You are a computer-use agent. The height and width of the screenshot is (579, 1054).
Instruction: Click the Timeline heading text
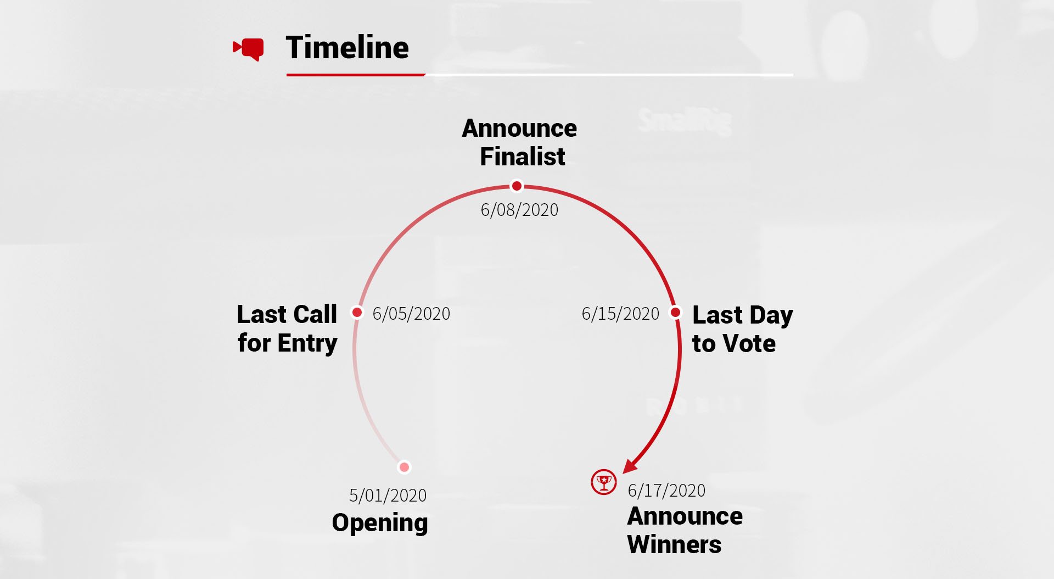[347, 47]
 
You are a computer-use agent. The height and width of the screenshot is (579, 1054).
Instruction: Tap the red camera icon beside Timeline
[248, 49]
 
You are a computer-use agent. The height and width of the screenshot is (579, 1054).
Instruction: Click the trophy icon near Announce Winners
[604, 482]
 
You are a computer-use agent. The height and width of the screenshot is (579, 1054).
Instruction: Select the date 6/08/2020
[519, 210]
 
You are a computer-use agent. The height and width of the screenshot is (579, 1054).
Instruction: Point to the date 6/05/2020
[411, 314]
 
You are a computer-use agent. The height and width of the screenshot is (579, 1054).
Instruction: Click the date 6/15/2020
[620, 314]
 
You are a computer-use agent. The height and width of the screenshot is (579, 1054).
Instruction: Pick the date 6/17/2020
[666, 491]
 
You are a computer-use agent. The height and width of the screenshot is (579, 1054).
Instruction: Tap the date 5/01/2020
[388, 496]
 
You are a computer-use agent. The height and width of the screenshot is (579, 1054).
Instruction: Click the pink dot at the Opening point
[404, 467]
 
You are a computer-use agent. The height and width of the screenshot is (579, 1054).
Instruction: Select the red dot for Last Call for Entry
[357, 312]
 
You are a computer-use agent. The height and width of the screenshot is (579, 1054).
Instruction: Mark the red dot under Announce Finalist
[517, 186]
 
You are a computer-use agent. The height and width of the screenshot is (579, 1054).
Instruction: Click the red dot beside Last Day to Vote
[676, 312]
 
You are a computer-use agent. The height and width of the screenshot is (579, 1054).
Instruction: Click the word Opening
[380, 523]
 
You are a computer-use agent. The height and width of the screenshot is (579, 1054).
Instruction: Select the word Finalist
[523, 157]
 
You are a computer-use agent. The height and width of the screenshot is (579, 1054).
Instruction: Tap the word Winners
[674, 544]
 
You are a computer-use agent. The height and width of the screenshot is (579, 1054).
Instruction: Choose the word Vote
[750, 343]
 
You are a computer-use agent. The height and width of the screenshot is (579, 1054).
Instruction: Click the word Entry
[307, 344]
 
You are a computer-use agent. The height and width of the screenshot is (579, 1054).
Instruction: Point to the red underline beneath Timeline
[356, 75]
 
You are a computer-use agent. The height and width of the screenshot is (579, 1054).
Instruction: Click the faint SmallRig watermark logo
[685, 121]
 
